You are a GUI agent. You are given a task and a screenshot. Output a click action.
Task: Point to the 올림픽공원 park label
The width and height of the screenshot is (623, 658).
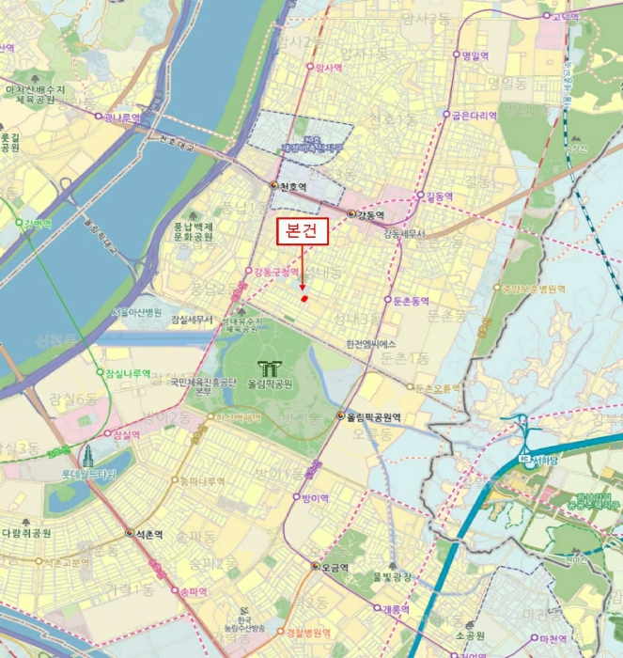[271, 384]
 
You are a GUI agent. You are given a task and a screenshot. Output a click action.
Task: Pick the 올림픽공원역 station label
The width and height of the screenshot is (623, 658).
[375, 417]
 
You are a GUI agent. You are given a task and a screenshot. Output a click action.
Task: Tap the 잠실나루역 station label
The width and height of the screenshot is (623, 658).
[128, 373]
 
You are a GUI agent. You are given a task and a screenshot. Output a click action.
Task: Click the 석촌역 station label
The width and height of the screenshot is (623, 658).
[148, 533]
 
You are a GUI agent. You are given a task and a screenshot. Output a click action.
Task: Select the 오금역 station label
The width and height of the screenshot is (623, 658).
[335, 568]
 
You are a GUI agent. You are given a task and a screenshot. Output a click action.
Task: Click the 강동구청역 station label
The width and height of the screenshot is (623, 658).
[277, 272]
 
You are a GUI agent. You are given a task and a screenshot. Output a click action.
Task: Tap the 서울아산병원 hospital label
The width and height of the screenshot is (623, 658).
[137, 312]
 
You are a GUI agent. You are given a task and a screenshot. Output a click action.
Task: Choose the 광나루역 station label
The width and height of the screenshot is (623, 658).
[122, 117]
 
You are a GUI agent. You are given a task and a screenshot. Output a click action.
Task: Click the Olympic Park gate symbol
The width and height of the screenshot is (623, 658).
[270, 368]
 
